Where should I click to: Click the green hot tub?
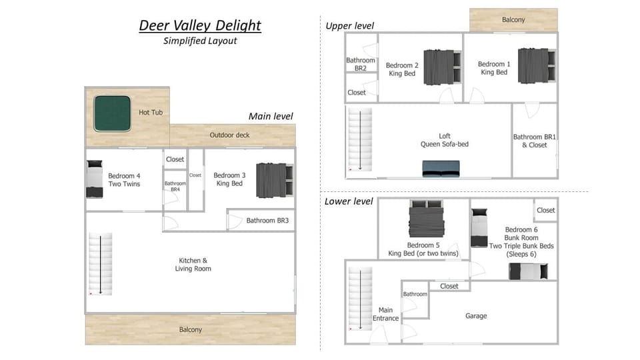(x=112, y=113)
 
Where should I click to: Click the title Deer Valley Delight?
(x=200, y=25)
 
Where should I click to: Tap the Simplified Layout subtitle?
(x=200, y=41)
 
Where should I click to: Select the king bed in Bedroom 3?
(x=275, y=180)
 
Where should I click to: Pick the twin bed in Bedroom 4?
(x=94, y=179)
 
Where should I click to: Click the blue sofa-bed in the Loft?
(x=441, y=169)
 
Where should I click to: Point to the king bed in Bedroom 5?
(x=427, y=218)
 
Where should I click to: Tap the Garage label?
(x=476, y=316)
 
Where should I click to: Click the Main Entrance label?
(x=385, y=314)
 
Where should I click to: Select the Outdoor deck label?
(x=229, y=135)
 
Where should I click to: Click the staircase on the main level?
(x=101, y=264)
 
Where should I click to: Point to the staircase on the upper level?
(x=360, y=139)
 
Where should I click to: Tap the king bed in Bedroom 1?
(x=537, y=66)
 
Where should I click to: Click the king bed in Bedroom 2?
(x=443, y=67)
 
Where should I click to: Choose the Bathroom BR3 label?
(x=267, y=221)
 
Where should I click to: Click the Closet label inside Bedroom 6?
(x=546, y=210)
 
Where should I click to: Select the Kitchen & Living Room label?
(x=193, y=265)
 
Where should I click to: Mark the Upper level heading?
(x=349, y=26)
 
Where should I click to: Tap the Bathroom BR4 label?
(x=175, y=187)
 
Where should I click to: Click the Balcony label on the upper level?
(x=513, y=19)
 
